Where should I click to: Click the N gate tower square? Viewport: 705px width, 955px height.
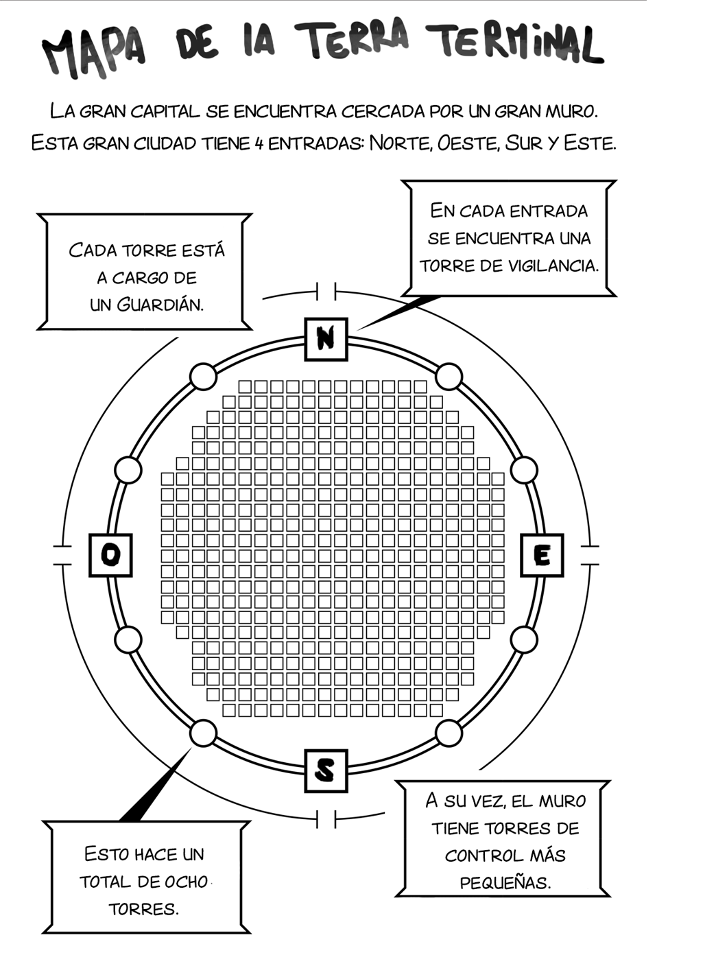pos(326,339)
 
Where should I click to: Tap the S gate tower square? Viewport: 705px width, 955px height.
pos(326,770)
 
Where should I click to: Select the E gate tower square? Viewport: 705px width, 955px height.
pos(542,555)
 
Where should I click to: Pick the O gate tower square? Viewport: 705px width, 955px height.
pos(110,555)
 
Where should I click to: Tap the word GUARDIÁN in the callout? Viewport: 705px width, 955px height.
pos(160,305)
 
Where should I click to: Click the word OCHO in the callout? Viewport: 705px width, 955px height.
pos(187,882)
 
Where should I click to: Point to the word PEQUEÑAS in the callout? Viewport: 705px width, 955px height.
pos(505,883)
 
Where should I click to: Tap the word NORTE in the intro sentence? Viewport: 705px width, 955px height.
pos(401,143)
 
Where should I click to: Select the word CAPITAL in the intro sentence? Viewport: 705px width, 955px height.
pos(165,112)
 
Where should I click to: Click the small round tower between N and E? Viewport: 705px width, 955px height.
pos(449,376)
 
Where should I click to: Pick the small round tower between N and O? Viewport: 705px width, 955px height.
pos(203,376)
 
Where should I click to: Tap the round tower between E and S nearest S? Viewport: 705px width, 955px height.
pos(449,733)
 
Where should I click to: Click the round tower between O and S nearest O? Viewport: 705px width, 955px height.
pos(128,639)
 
